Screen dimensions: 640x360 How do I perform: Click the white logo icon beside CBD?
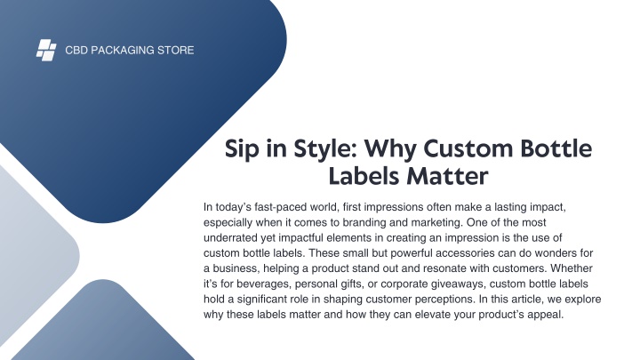(46, 50)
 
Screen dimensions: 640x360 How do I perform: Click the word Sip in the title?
(242, 148)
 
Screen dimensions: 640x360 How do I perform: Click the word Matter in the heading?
(448, 176)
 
